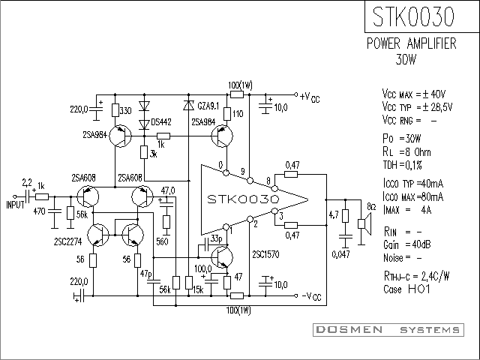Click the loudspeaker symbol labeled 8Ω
tap(364, 223)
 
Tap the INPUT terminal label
tap(15, 205)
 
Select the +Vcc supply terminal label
tap(310, 97)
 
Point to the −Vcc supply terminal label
tap(312, 296)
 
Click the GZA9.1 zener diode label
tap(208, 106)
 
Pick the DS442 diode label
tap(161, 122)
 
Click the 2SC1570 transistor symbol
tap(222, 257)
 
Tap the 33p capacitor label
tap(217, 238)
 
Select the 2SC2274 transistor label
tap(68, 241)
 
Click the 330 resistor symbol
tap(115, 110)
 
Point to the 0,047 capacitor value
tap(340, 254)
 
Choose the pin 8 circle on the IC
tap(274, 188)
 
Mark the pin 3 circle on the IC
tap(274, 211)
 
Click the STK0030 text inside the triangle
tap(243, 199)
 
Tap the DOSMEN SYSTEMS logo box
tap(388, 330)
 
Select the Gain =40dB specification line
tap(406, 244)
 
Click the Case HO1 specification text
tap(406, 289)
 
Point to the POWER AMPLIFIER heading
tap(412, 43)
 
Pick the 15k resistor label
tap(198, 289)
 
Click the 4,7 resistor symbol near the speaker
tap(345, 216)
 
